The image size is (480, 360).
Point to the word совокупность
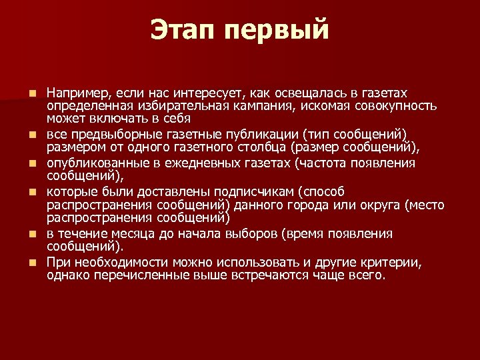[396, 105]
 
